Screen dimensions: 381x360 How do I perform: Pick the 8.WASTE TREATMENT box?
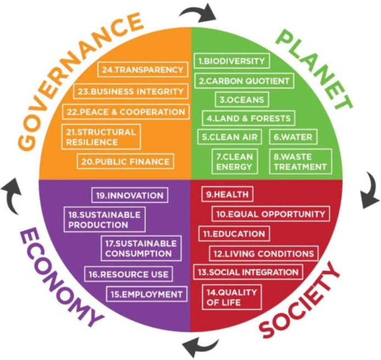(x=300, y=161)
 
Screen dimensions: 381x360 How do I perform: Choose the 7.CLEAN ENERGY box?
(x=234, y=161)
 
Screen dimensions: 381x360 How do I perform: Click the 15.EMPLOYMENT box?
(x=146, y=295)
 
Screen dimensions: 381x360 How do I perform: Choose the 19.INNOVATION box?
(x=130, y=195)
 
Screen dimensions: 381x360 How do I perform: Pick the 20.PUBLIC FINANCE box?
(x=126, y=161)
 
